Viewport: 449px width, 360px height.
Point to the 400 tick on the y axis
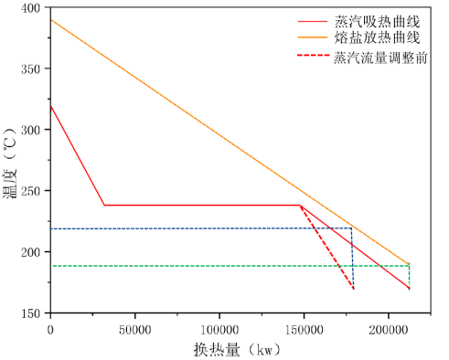33,7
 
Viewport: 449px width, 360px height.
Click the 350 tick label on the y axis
33,69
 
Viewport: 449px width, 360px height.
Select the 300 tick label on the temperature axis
33,130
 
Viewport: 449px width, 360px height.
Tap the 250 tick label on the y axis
33,191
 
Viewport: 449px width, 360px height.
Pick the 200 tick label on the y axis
33,251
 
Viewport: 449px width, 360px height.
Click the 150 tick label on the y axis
33,312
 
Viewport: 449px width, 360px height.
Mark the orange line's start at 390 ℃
51,19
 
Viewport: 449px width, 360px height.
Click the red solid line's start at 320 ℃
51,105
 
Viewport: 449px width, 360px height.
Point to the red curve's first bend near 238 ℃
104,205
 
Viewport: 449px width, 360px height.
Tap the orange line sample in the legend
312,37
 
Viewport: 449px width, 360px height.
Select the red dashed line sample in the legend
312,57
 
